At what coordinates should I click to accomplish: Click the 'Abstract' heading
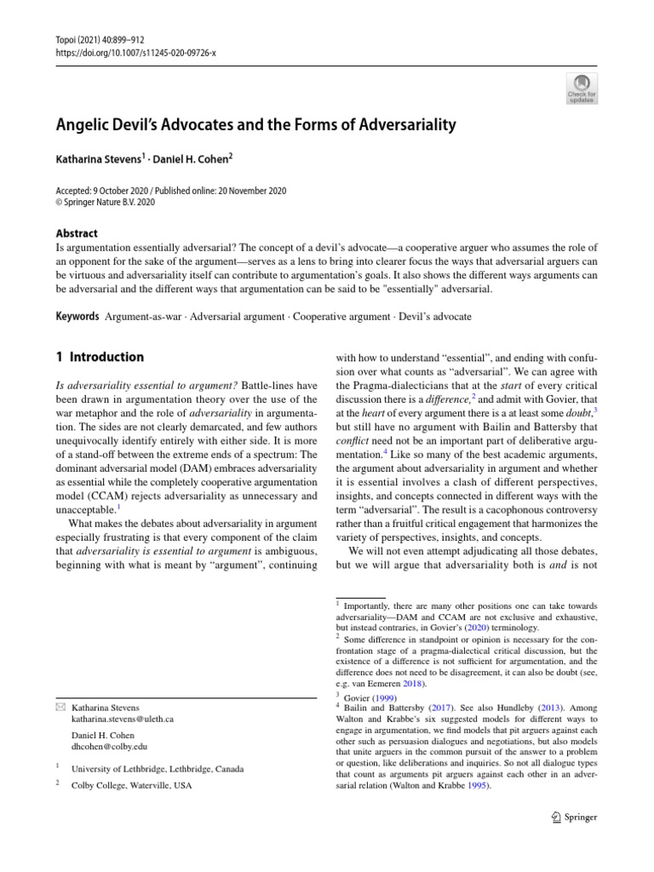tap(76, 233)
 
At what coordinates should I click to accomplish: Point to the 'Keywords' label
tap(76, 316)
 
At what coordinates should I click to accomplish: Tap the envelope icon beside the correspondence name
tap(58, 708)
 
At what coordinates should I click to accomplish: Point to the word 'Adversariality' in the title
tap(400, 125)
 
